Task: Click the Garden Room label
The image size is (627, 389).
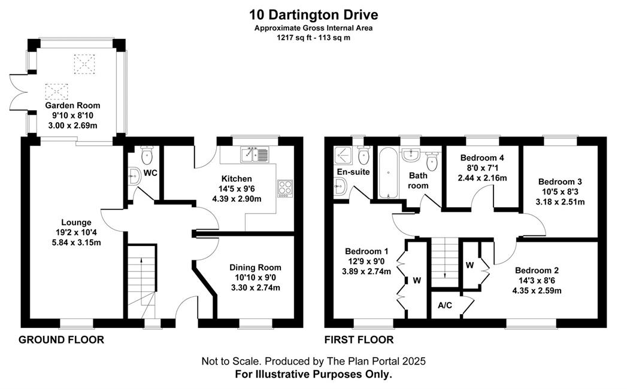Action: pyautogui.click(x=72, y=105)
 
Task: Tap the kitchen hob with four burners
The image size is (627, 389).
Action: pyautogui.click(x=285, y=189)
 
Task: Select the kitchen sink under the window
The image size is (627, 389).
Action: pyautogui.click(x=255, y=154)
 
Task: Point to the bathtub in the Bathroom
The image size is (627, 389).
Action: pyautogui.click(x=388, y=173)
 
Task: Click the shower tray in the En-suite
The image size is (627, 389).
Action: pyautogui.click(x=344, y=156)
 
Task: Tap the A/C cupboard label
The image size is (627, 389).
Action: pyautogui.click(x=445, y=305)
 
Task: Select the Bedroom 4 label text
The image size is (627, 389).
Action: pyautogui.click(x=482, y=157)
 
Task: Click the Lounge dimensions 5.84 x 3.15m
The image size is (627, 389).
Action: pyautogui.click(x=77, y=242)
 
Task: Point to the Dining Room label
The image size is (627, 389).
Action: pyautogui.click(x=255, y=268)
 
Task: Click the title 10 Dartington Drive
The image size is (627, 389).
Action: pyautogui.click(x=314, y=15)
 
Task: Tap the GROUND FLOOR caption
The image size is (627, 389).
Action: pyautogui.click(x=61, y=340)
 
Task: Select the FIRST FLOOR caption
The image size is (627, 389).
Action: pyautogui.click(x=359, y=340)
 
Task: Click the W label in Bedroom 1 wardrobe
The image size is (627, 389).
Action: pyautogui.click(x=417, y=281)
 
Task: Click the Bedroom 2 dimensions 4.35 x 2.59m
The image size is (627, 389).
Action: pyautogui.click(x=537, y=291)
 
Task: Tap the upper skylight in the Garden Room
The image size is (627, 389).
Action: pyautogui.click(x=85, y=64)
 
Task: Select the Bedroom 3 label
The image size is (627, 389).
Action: pyautogui.click(x=560, y=181)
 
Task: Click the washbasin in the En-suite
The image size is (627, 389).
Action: pyautogui.click(x=340, y=186)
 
